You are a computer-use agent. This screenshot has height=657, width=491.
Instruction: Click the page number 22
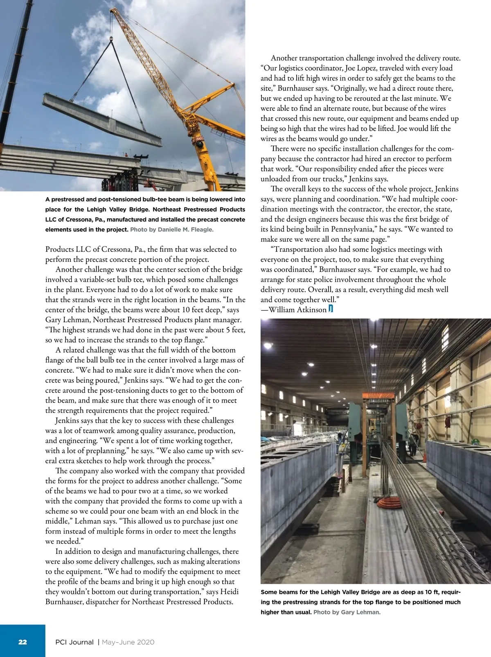[23, 642]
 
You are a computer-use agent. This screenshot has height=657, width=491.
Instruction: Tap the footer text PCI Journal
[74, 642]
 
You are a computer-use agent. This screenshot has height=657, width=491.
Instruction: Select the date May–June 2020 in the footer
[128, 642]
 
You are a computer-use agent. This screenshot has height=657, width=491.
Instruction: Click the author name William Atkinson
[297, 310]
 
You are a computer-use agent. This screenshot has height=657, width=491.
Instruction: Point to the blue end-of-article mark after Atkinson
[331, 309]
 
